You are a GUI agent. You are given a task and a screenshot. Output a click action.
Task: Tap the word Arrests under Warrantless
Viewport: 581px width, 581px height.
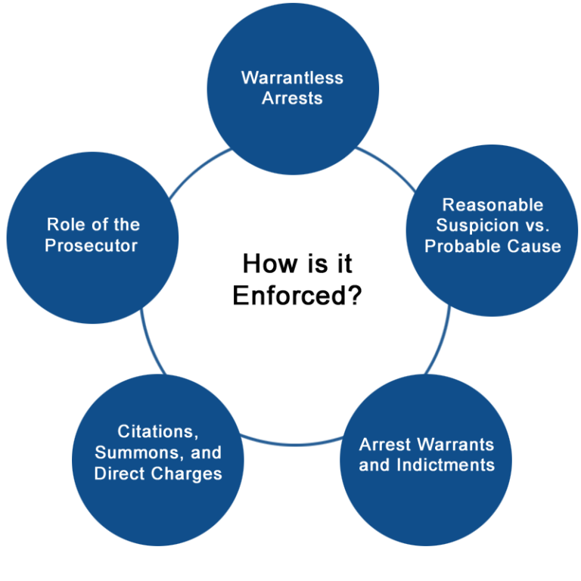point(292,98)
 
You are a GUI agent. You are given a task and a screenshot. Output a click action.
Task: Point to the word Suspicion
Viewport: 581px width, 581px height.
point(474,225)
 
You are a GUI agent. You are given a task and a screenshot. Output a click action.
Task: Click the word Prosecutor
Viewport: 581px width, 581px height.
point(91,245)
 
